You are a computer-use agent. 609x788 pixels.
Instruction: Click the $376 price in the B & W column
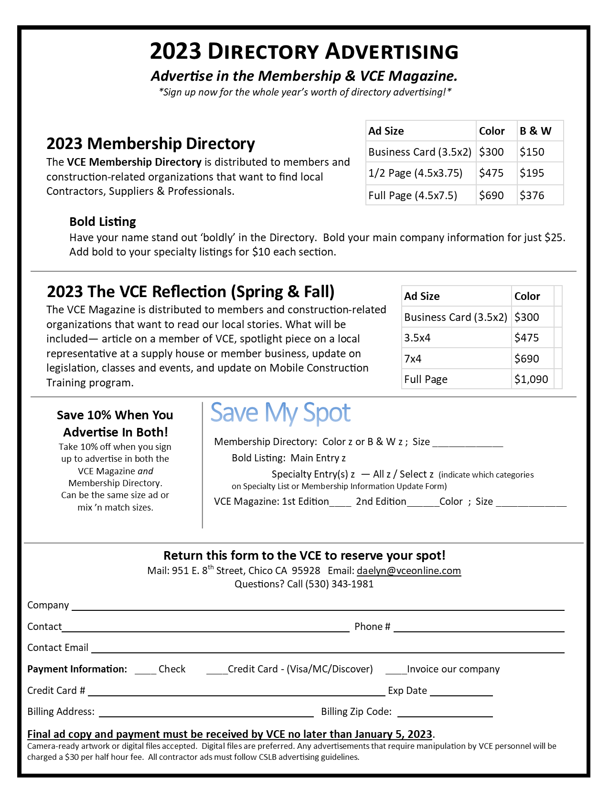[x=532, y=195]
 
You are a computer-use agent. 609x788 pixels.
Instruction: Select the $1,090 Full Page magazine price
[x=531, y=379]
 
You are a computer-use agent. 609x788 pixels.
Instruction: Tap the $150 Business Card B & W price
[x=532, y=152]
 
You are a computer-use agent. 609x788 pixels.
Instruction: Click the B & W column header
[x=535, y=131]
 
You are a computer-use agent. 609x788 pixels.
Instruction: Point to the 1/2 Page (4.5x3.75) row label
[x=415, y=173]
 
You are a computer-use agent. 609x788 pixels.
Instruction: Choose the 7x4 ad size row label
[x=413, y=359]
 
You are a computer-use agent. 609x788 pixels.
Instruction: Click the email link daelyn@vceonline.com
[x=409, y=571]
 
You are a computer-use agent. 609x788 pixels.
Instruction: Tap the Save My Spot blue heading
[x=280, y=413]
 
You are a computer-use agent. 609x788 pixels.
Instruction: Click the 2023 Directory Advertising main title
[x=304, y=52]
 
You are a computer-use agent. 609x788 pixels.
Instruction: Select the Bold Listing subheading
[x=103, y=222]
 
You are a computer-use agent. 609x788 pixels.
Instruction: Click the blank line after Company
[x=318, y=607]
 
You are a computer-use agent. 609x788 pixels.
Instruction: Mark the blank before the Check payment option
[x=145, y=671]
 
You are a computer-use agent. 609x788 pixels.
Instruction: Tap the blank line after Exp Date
[x=461, y=693]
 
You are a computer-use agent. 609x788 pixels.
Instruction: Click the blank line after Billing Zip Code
[x=445, y=714]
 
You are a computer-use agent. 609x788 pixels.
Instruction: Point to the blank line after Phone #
[x=479, y=629]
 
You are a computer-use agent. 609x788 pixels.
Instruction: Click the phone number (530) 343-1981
[x=340, y=584]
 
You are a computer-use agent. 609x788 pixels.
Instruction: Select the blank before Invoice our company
[x=395, y=671]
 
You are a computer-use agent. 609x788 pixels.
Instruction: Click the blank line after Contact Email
[x=328, y=650]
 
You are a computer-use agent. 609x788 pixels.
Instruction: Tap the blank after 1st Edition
[x=340, y=504]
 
